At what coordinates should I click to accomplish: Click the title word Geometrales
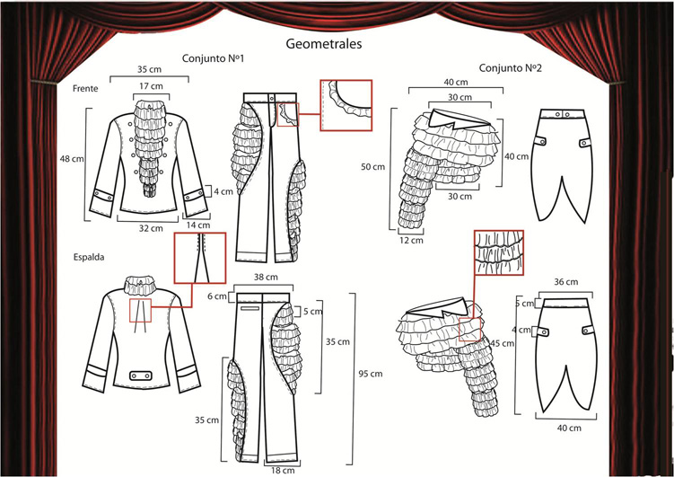click(324, 42)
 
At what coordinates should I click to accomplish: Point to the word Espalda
click(90, 256)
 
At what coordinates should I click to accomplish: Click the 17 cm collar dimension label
click(151, 86)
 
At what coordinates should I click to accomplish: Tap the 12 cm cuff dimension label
click(410, 242)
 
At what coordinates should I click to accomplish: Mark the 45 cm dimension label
click(502, 343)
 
